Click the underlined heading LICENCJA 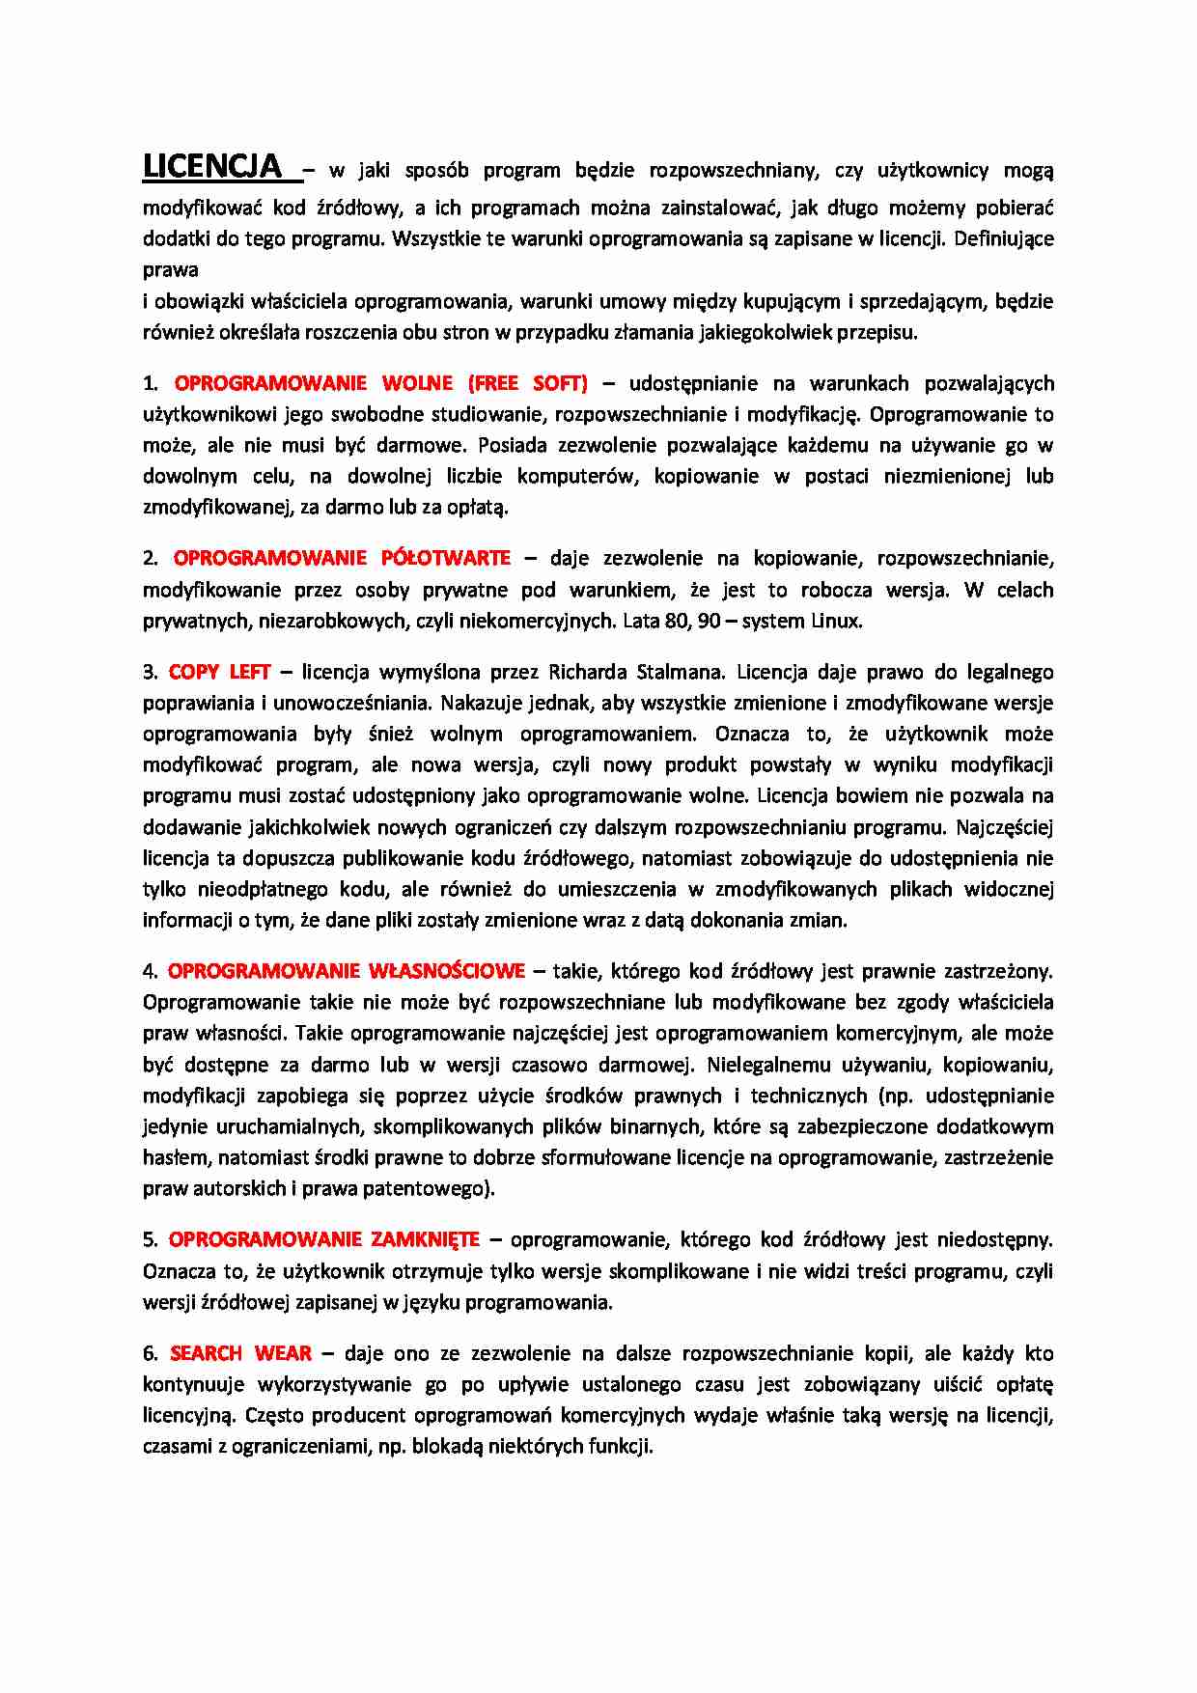[212, 167]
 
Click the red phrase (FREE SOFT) [528, 383]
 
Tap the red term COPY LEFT [219, 672]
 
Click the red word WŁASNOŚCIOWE [447, 971]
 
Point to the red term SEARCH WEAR [240, 1353]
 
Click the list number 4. [149, 971]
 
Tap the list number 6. [149, 1353]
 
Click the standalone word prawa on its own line [170, 270]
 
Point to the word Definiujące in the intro [1003, 238]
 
